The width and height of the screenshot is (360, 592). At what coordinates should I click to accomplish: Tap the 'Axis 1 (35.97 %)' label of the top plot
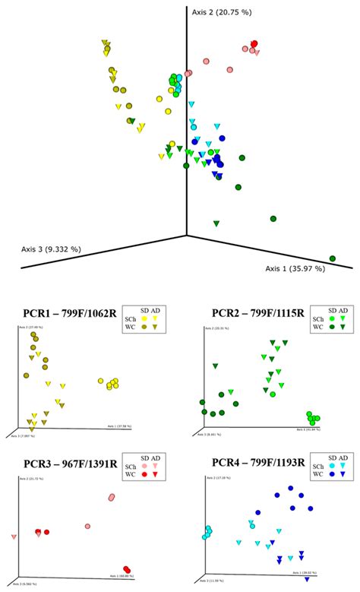coord(295,268)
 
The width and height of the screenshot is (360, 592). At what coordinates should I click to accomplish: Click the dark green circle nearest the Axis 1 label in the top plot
coord(332,258)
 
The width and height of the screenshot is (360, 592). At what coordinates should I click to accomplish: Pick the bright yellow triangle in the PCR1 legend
coord(155,318)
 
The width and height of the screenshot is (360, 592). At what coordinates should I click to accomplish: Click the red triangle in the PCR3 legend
coord(155,475)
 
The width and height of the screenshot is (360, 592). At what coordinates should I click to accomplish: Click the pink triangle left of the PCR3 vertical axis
coord(14,537)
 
